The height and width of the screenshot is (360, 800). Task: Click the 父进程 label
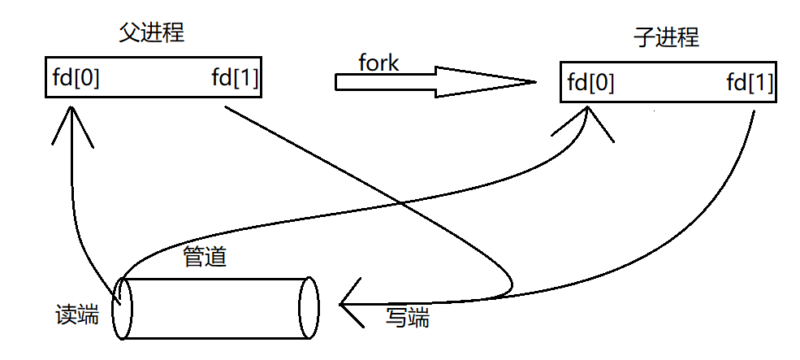(152, 33)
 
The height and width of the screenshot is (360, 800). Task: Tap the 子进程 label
(666, 38)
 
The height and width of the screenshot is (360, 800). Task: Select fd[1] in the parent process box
(236, 78)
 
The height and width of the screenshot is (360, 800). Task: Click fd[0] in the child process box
(590, 83)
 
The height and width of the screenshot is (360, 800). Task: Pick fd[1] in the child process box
(750, 83)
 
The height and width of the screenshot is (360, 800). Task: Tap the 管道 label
(205, 258)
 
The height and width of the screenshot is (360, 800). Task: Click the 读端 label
(76, 314)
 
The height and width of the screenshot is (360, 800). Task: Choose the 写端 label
(407, 317)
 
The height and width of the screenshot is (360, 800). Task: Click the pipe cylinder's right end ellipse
(309, 308)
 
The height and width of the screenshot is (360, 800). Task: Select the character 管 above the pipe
(194, 258)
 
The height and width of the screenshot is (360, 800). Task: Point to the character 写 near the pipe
(396, 317)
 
